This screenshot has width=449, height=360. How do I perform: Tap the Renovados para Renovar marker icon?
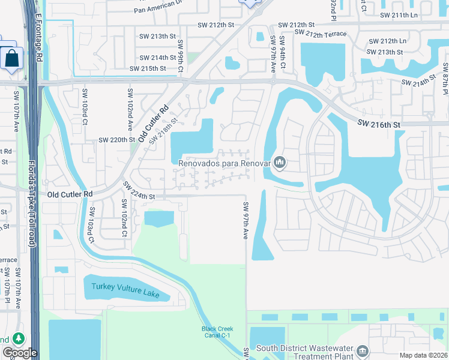(279, 162)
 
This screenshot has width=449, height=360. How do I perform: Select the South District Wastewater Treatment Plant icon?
(363, 351)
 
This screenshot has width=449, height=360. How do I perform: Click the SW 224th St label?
(139, 191)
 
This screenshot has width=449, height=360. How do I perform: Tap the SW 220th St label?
(117, 140)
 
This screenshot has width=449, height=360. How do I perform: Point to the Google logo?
(20, 353)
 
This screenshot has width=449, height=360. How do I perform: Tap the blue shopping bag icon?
(12, 59)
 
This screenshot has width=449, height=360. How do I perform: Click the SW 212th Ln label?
(387, 41)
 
